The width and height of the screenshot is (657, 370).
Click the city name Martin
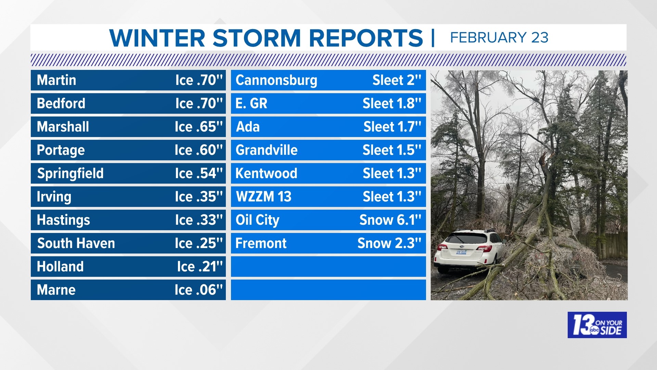[56, 80]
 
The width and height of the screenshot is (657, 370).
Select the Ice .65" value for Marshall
[198, 127]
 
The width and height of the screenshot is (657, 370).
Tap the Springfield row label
[70, 173]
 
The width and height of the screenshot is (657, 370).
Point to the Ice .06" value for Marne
[198, 290]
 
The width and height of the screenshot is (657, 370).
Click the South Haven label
[76, 243]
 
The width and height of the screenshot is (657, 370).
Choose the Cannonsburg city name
[276, 80]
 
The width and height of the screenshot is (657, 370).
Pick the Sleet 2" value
[397, 80]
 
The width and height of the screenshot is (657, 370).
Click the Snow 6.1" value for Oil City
[390, 220]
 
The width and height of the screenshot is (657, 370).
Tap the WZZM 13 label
[263, 197]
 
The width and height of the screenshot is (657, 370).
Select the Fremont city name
[261, 243]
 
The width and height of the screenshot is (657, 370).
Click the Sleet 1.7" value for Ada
[392, 127]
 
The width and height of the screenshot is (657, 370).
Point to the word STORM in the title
[257, 38]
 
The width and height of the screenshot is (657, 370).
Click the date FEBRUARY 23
[499, 37]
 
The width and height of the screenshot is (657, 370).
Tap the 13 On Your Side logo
[597, 325]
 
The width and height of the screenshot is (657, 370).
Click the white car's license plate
[461, 252]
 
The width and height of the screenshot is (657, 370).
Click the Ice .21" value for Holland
[200, 267]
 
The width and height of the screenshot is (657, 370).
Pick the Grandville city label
[267, 150]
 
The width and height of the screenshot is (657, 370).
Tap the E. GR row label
[251, 103]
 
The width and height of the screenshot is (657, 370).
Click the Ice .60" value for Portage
[198, 150]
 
